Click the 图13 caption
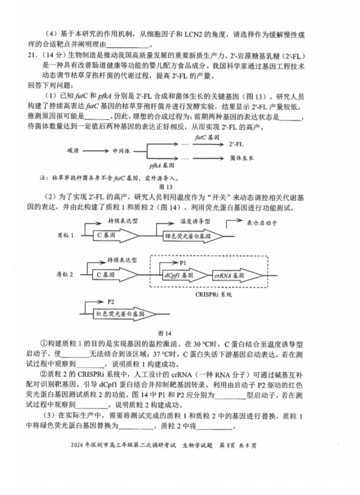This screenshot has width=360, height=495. pyautogui.click(x=166, y=187)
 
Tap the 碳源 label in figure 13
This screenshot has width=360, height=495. pyautogui.click(x=73, y=151)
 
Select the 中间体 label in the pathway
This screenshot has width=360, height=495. pyautogui.click(x=121, y=151)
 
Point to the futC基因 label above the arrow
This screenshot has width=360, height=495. pyautogui.click(x=207, y=137)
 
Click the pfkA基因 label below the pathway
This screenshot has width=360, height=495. pyautogui.click(x=162, y=165)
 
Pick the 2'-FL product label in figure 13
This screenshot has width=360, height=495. pyautogui.click(x=236, y=144)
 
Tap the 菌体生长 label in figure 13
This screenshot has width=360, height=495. pyautogui.click(x=242, y=158)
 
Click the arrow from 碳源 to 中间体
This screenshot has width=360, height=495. pyautogui.click(x=96, y=151)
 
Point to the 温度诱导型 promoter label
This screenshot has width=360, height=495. pyautogui.click(x=195, y=221)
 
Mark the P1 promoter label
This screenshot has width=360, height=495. pyautogui.click(x=183, y=263)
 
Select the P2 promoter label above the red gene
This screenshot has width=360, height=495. pyautogui.click(x=111, y=302)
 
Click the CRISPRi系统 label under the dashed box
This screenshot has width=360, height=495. pyautogui.click(x=214, y=295)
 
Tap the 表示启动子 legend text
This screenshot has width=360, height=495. pyautogui.click(x=262, y=223)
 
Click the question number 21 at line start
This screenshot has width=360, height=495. pyautogui.click(x=32, y=55)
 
